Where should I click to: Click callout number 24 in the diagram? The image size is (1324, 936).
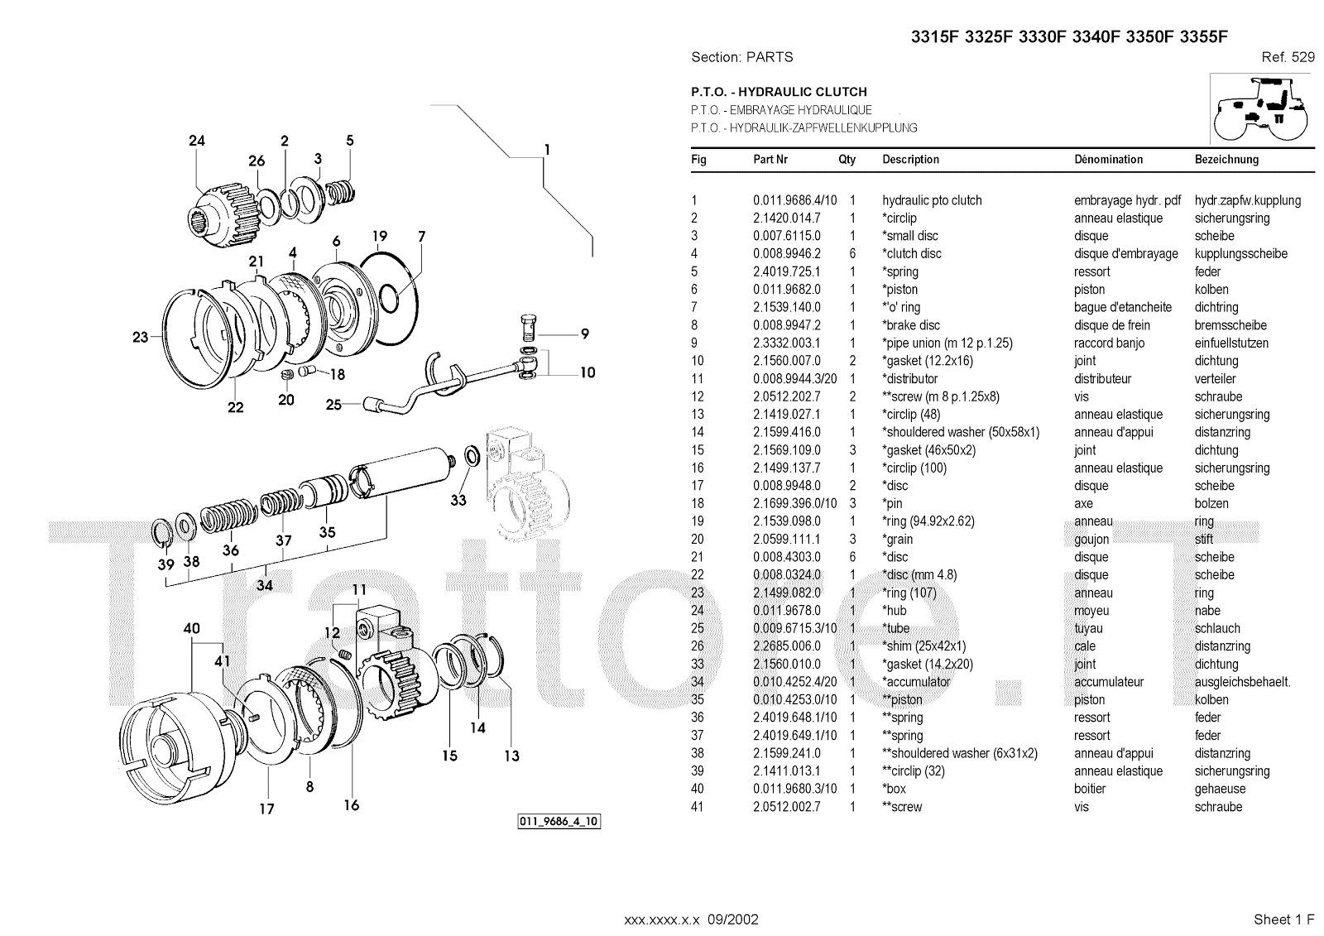pyautogui.click(x=196, y=141)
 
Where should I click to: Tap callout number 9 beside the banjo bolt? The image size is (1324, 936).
pyautogui.click(x=584, y=334)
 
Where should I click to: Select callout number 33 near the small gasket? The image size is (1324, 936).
pyautogui.click(x=458, y=500)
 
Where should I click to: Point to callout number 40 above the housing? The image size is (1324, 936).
pyautogui.click(x=192, y=629)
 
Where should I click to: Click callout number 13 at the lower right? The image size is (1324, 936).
pyautogui.click(x=511, y=756)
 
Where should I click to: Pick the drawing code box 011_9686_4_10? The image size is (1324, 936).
pyautogui.click(x=559, y=822)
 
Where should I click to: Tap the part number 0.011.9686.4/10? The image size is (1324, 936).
pyautogui.click(x=794, y=200)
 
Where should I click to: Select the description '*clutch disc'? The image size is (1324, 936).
pyautogui.click(x=912, y=254)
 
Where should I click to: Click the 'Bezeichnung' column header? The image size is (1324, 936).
pyautogui.click(x=1226, y=160)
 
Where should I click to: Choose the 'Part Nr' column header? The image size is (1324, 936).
pyautogui.click(x=770, y=160)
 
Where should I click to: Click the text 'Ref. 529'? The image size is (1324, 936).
pyautogui.click(x=1288, y=57)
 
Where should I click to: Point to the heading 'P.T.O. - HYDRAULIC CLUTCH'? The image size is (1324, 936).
pyautogui.click(x=779, y=92)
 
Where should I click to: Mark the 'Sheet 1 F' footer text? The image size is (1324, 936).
pyautogui.click(x=1283, y=919)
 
